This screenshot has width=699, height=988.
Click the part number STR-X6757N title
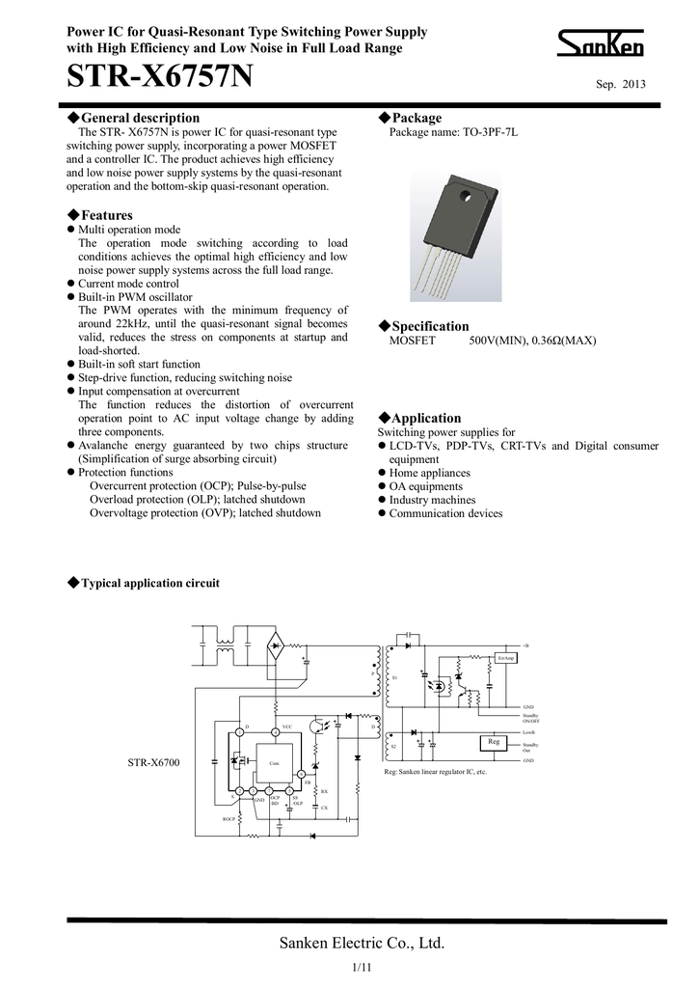tap(159, 76)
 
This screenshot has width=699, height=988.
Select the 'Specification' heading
tap(428, 326)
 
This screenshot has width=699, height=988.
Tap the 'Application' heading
tap(424, 418)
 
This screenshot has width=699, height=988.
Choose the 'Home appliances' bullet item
tap(429, 473)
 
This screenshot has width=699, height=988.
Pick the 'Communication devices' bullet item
tap(445, 513)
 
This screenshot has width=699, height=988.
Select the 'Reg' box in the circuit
tap(493, 741)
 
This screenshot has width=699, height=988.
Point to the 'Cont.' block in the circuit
tap(273, 762)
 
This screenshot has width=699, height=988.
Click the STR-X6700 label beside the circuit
tap(154, 763)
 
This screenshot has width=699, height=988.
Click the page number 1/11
tap(362, 967)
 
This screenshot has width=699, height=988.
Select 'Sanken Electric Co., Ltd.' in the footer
tap(362, 943)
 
